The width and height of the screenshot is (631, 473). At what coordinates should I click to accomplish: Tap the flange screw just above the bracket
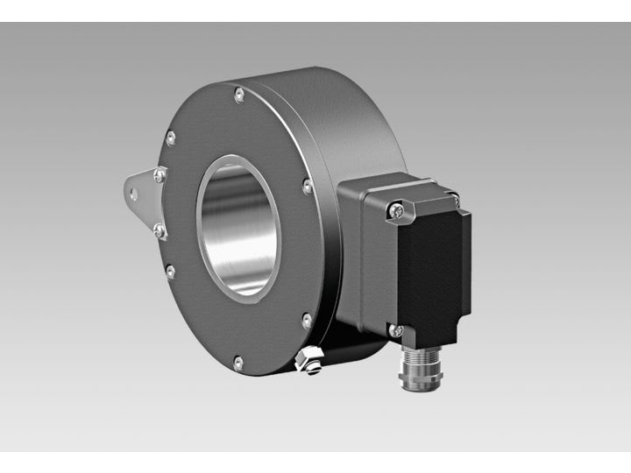click(x=171, y=137)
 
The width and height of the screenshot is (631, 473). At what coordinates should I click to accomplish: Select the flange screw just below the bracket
click(x=171, y=272)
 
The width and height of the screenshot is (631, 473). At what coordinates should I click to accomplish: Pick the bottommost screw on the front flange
click(x=238, y=359)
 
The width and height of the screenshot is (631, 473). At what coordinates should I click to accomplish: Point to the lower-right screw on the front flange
click(x=307, y=321)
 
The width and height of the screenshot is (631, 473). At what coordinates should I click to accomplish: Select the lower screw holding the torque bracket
click(x=160, y=230)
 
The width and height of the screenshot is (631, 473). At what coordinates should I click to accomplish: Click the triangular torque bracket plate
click(x=140, y=197)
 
